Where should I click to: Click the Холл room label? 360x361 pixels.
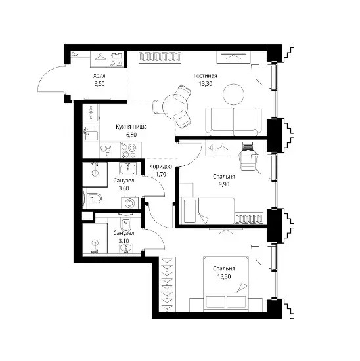[99, 75]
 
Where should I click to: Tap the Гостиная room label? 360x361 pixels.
[205, 75]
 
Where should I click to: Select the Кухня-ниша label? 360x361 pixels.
[131, 127]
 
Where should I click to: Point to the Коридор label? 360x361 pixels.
[160, 167]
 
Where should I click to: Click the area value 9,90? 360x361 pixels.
[224, 184]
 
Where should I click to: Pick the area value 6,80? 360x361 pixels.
[131, 135]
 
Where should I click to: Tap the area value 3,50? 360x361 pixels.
[99, 84]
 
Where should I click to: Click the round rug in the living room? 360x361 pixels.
[233, 95]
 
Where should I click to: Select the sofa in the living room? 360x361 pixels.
[233, 121]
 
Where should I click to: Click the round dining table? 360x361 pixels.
[175, 106]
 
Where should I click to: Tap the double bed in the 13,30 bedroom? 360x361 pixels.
[225, 284]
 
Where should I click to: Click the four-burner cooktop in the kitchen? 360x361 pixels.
[128, 150]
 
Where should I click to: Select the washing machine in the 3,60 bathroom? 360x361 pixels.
[130, 203]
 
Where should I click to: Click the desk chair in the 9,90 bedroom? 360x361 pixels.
[248, 160]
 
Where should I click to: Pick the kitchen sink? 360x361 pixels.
[106, 150]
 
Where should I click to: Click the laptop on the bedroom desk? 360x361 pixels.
[248, 146]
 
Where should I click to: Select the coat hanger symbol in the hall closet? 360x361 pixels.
[101, 57]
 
